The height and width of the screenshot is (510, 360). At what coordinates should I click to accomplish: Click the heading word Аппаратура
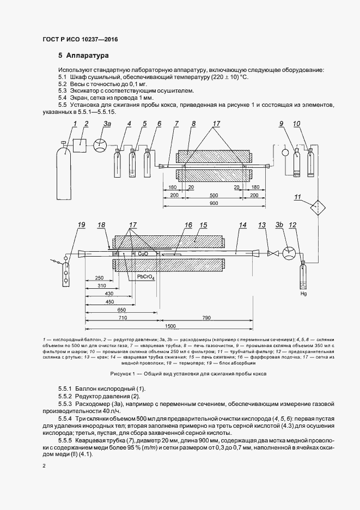(x=88, y=56)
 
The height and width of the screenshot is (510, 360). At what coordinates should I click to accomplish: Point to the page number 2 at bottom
(x=45, y=466)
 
